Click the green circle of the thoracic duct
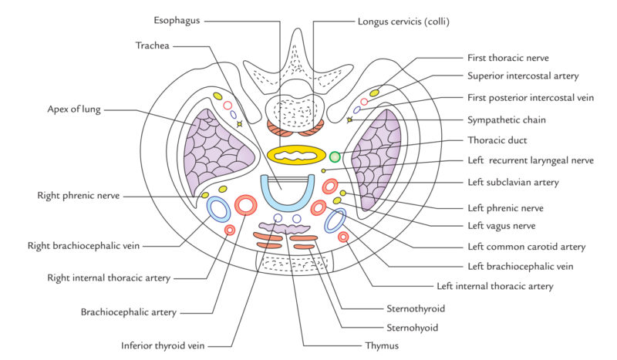tap(335, 156)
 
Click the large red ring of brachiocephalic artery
tap(246, 204)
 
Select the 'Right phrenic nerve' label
tap(79, 196)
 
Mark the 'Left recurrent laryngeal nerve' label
tap(531, 161)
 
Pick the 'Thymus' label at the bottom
tap(383, 345)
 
